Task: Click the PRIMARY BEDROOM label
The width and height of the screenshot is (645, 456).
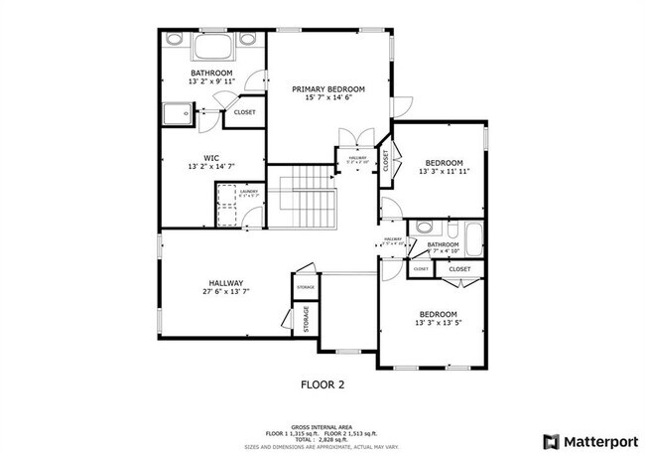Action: pos(327,89)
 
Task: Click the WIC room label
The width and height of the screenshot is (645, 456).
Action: pos(211,157)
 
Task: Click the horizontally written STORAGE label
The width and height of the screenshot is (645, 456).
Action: pos(305,287)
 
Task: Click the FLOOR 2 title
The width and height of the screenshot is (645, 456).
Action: pos(322,382)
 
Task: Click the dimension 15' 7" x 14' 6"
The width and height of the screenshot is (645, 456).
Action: pos(327,99)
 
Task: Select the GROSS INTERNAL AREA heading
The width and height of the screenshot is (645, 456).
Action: pos(322,423)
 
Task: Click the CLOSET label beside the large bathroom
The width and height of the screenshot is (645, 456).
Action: pos(244,112)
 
